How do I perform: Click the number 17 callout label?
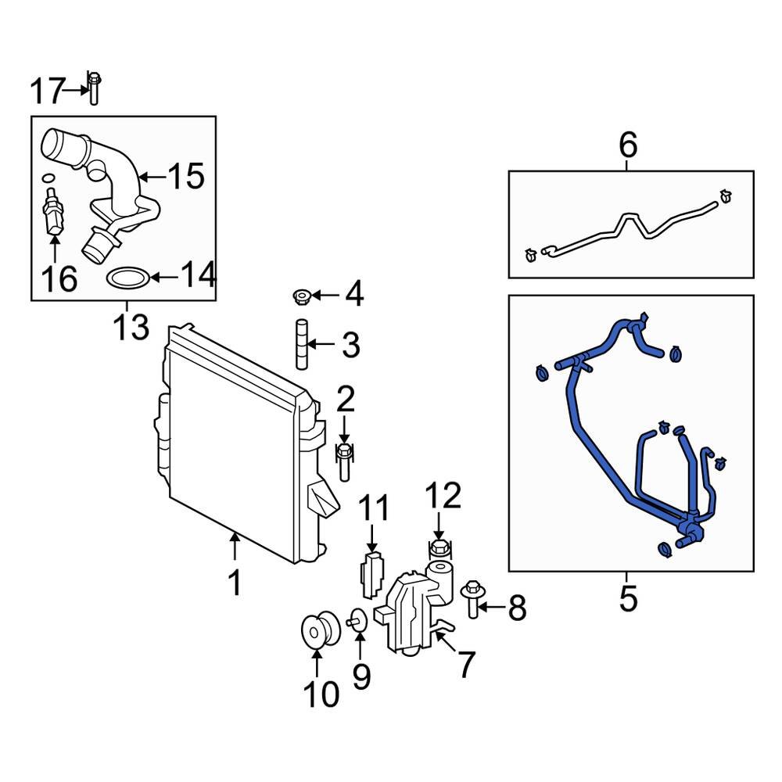45,91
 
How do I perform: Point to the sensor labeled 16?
52,213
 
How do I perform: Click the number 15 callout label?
186,177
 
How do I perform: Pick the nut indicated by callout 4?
302,296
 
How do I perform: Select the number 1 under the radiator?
235,583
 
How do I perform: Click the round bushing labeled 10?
318,630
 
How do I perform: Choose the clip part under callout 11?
372,572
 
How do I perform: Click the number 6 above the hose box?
628,145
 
